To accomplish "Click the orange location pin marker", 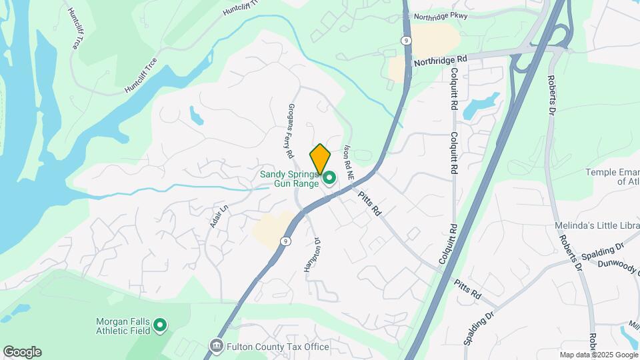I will click(x=320, y=159).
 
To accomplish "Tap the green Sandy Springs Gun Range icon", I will click(x=329, y=178).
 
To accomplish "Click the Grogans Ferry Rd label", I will click(x=291, y=130).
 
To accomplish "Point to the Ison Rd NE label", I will click(x=347, y=162).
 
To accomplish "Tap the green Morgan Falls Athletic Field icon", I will click(x=160, y=325).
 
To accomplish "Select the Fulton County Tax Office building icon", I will click(x=216, y=346).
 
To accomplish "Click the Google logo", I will click(x=22, y=352).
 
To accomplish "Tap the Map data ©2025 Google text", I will click(x=598, y=355).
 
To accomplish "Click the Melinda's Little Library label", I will click(x=597, y=227).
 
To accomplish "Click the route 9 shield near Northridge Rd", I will click(x=405, y=41).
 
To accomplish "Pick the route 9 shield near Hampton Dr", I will click(x=285, y=241).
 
